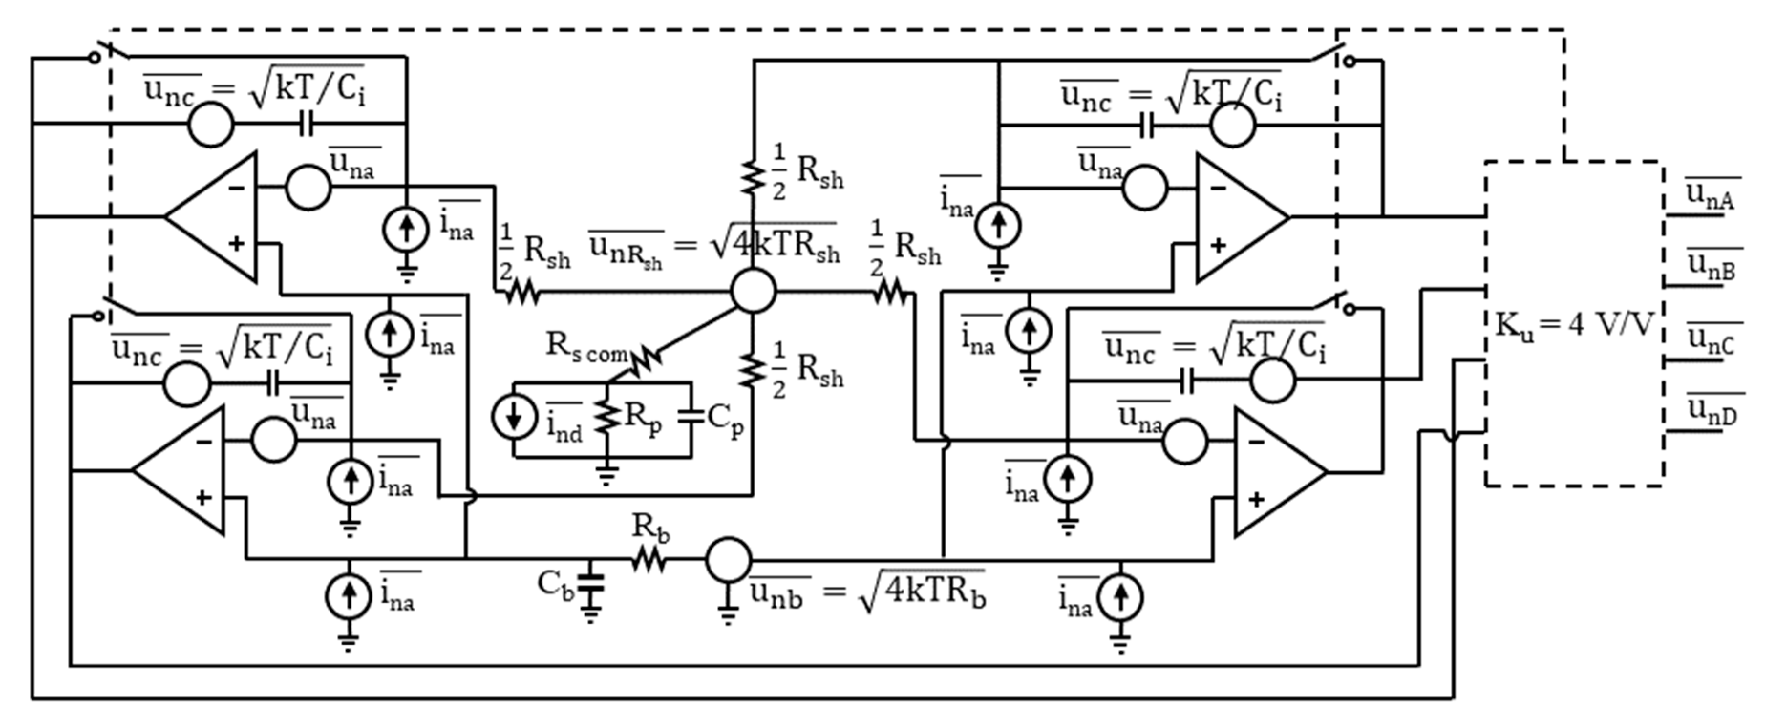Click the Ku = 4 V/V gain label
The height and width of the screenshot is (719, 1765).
1574,325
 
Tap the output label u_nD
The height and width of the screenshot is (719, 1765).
1712,411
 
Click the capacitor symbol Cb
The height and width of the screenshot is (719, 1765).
590,583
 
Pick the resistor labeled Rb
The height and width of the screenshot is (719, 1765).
648,560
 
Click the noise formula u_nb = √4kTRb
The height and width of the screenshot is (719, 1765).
867,592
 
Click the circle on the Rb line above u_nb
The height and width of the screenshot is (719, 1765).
728,560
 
